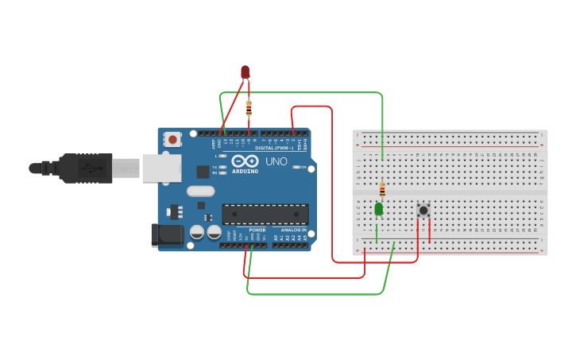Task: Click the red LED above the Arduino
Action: pyautogui.click(x=245, y=72)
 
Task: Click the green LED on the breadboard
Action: pyautogui.click(x=379, y=209)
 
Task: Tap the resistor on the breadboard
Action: pyautogui.click(x=382, y=190)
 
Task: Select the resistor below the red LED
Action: pyautogui.click(x=249, y=108)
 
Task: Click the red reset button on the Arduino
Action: pyautogui.click(x=173, y=140)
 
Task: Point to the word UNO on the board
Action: pyautogui.click(x=276, y=161)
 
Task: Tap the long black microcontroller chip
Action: pyautogui.click(x=265, y=214)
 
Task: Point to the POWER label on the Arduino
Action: pyautogui.click(x=257, y=230)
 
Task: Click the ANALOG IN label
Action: pyautogui.click(x=293, y=230)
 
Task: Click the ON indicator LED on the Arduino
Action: pyautogui.click(x=296, y=167)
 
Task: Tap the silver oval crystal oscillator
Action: pyautogui.click(x=201, y=191)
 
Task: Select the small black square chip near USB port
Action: pyautogui.click(x=203, y=171)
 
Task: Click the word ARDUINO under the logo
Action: pyautogui.click(x=245, y=171)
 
